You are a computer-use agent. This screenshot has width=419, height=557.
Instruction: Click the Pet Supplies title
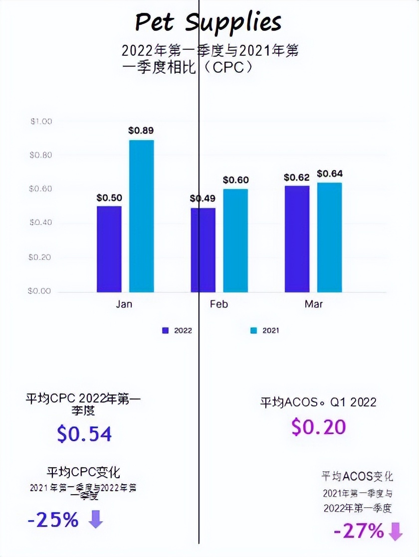click(x=209, y=22)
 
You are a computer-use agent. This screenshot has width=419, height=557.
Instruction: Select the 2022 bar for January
click(x=109, y=249)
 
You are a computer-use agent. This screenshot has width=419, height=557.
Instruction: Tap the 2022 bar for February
click(x=203, y=250)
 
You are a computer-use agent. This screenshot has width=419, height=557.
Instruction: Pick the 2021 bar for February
click(x=235, y=240)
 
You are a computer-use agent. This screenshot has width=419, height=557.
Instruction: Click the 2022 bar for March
click(x=297, y=239)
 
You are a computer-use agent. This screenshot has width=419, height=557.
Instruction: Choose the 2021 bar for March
click(x=330, y=237)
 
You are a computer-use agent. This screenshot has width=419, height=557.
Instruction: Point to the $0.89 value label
click(x=141, y=131)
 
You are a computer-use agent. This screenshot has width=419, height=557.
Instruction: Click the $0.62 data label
click(x=297, y=177)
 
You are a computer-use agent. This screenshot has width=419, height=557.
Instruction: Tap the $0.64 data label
click(x=330, y=174)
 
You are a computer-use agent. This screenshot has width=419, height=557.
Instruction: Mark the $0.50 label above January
click(x=109, y=198)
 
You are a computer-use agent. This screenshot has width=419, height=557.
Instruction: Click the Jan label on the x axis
click(x=124, y=304)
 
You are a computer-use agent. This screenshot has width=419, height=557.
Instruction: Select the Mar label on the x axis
click(x=313, y=304)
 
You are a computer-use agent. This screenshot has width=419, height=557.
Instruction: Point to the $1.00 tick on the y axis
click(x=41, y=122)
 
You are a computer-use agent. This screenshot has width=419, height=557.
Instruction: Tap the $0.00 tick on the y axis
click(x=41, y=291)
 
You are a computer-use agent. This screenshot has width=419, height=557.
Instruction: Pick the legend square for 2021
click(x=253, y=330)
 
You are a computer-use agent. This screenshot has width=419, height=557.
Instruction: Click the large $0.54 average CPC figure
click(x=84, y=434)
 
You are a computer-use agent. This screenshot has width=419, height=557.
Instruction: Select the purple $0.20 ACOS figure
click(x=318, y=426)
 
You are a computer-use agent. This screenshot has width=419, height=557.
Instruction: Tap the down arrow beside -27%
click(x=395, y=532)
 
